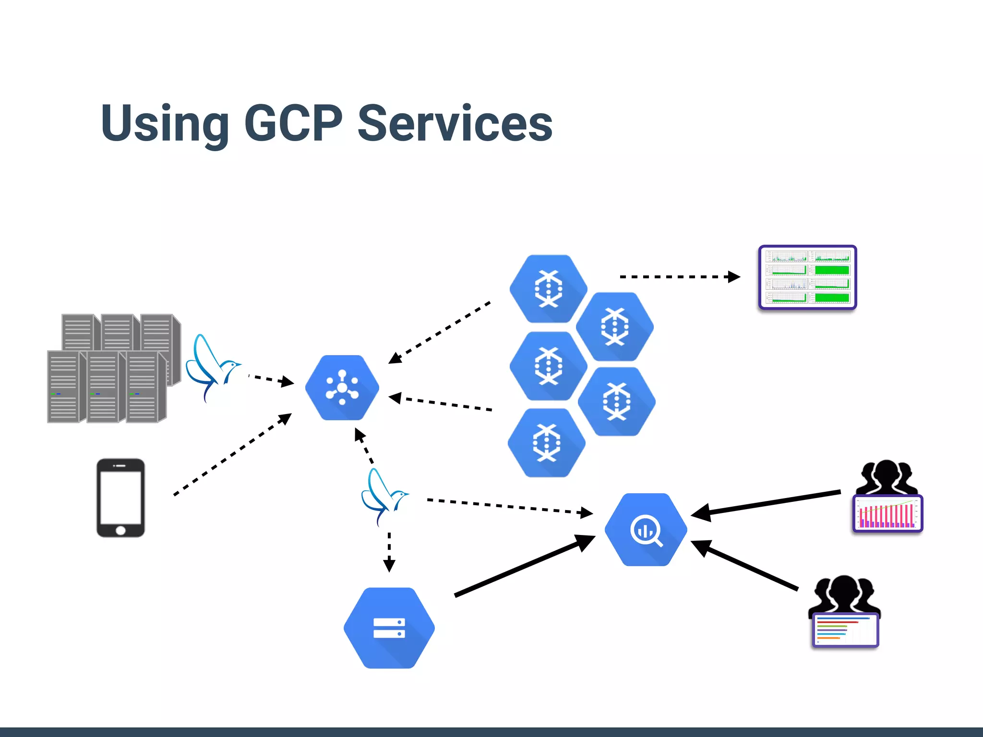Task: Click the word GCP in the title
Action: point(293,124)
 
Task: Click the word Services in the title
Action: point(455,124)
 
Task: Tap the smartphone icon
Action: point(120,498)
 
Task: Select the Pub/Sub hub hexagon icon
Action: point(342,388)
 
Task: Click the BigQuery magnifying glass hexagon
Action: point(646,530)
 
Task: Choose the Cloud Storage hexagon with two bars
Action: point(389,628)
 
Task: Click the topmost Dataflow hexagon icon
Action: point(548,288)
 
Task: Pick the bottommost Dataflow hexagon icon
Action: point(547,442)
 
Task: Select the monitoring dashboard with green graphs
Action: point(807,277)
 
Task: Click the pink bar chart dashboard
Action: point(887,514)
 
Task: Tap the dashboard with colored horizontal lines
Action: point(845,630)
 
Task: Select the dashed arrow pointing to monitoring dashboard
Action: point(679,277)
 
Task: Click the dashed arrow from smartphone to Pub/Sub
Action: point(232,453)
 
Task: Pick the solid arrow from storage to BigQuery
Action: point(524,566)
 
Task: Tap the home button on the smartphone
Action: point(120,530)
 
